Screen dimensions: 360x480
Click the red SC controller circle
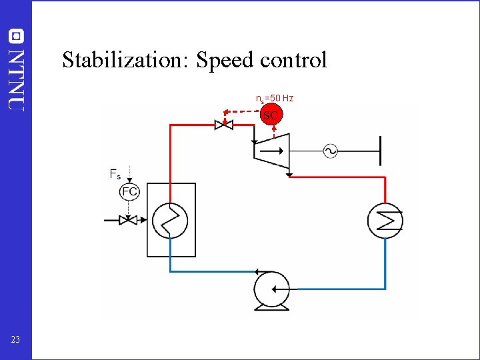(x=270, y=115)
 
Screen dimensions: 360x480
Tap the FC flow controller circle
(x=130, y=192)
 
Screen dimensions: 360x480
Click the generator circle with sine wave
(x=330, y=151)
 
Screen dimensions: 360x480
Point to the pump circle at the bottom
(x=273, y=289)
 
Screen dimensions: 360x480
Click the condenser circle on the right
(x=385, y=219)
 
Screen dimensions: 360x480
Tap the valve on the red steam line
(x=223, y=124)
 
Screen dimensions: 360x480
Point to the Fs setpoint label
(x=115, y=174)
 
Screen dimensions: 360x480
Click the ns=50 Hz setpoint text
(x=275, y=99)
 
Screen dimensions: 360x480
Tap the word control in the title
(x=293, y=60)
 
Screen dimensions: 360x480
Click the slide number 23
(x=15, y=340)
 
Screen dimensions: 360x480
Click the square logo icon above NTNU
(x=16, y=36)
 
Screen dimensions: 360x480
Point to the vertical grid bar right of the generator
(x=380, y=151)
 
